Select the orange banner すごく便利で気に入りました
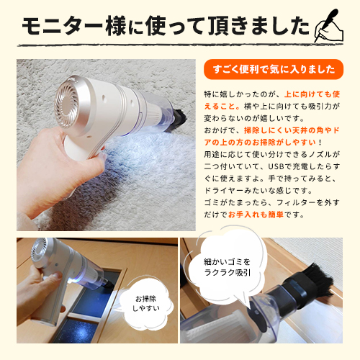point(275,69)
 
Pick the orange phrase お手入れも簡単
point(276,215)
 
